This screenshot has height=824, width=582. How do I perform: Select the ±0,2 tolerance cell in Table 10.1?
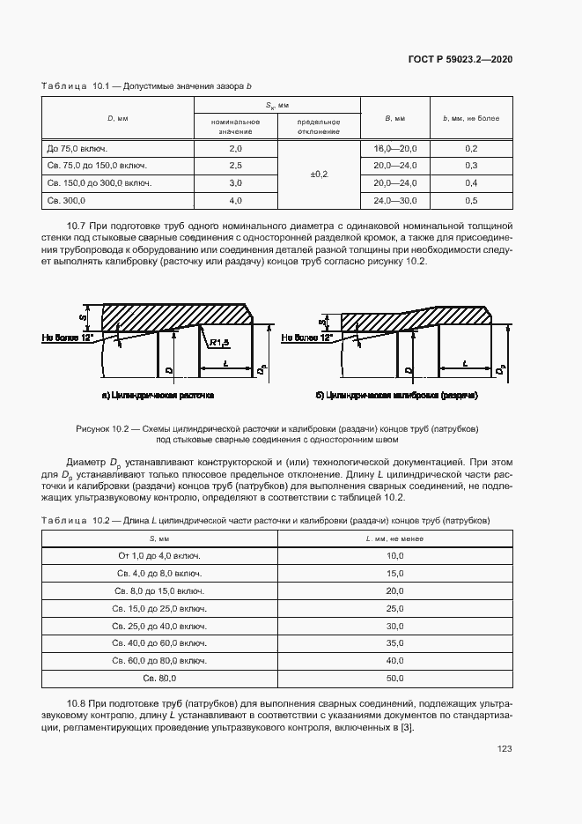tap(319, 174)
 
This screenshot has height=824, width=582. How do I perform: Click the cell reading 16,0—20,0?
tap(394, 149)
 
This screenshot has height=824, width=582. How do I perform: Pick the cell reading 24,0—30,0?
tap(394, 200)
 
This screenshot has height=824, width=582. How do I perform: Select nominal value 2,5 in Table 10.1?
tap(235, 166)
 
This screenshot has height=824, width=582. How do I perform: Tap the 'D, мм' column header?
tap(117, 117)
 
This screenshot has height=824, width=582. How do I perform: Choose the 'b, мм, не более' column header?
tap(470, 117)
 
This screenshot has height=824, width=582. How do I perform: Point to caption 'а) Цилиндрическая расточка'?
tap(158, 396)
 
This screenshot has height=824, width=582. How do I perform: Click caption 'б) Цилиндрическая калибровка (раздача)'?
tap(395, 396)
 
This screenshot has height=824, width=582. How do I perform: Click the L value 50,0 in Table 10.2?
tap(394, 678)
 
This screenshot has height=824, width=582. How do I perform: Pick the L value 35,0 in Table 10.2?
tap(394, 642)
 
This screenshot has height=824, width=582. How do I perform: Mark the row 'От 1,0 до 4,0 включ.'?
tap(159, 556)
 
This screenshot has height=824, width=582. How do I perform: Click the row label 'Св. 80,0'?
tap(159, 678)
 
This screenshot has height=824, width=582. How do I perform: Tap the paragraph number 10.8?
tap(78, 704)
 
